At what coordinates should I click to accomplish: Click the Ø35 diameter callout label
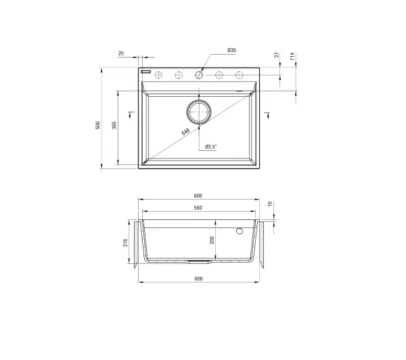pos(231,50)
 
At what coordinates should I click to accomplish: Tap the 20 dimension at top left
pos(121,53)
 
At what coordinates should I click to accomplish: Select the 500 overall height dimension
pos(97,125)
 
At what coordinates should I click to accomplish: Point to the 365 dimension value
pos(114,125)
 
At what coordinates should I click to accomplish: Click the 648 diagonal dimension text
pos(185,131)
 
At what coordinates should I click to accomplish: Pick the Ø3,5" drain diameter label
pos(210,147)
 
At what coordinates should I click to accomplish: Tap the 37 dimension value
pos(277,55)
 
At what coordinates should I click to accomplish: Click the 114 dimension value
pos(292,56)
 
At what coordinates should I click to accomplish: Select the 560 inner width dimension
pos(198,208)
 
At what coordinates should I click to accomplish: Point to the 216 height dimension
pos(125,243)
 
